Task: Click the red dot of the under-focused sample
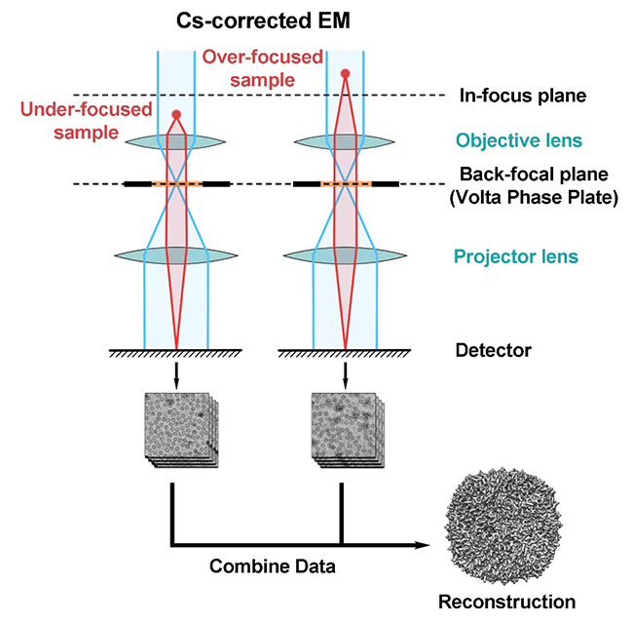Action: pyautogui.click(x=176, y=115)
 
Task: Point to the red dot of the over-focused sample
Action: pyautogui.click(x=345, y=73)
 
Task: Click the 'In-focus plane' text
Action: pyautogui.click(x=507, y=96)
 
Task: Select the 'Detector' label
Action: pyautogui.click(x=493, y=348)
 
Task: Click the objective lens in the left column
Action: pyautogui.click(x=176, y=141)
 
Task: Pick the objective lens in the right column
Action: pyautogui.click(x=345, y=141)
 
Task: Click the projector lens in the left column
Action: pyautogui.click(x=176, y=255)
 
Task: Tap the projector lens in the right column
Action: pyautogui.click(x=345, y=255)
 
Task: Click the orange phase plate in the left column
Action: pyautogui.click(x=176, y=183)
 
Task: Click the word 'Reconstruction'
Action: pyautogui.click(x=507, y=602)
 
